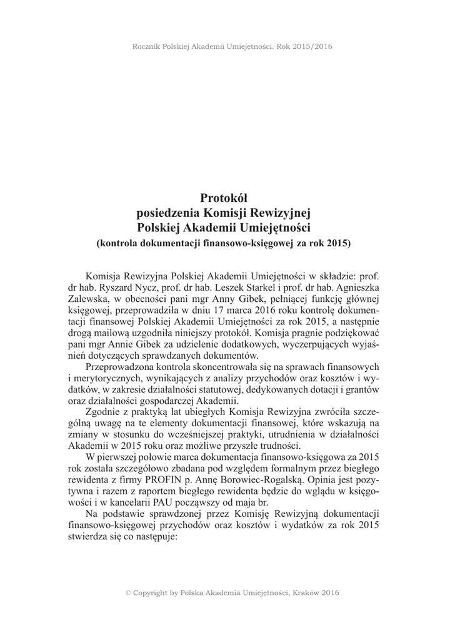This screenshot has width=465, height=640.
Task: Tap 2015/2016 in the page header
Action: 311,46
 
